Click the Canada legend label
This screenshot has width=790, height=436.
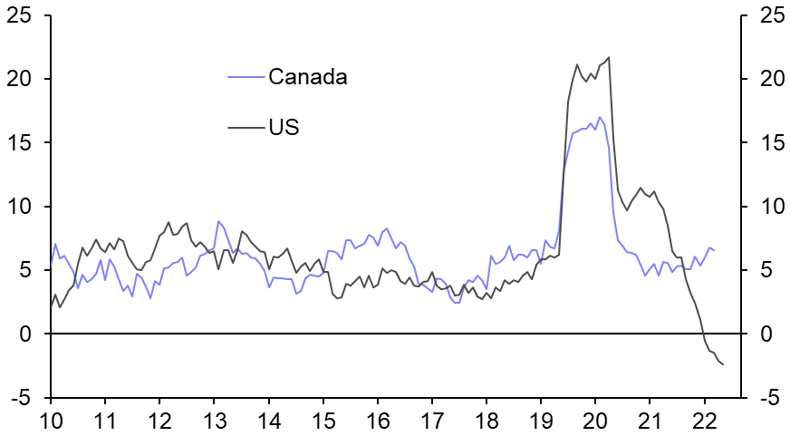coord(307,77)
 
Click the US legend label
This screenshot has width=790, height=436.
coord(284,128)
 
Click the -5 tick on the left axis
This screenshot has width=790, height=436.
coord(20,398)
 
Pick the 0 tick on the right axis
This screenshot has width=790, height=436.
coord(766,334)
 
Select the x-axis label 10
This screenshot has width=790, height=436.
coord(50,421)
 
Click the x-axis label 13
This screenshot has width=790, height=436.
coord(214,421)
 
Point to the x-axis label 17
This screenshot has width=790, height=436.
coord(432,421)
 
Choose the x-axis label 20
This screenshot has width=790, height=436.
coord(595,421)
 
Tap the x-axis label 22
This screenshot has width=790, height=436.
coord(704,421)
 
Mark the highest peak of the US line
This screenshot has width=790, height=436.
coord(608,57)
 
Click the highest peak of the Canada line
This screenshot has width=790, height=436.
coord(600,117)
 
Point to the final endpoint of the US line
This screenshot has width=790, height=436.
coord(723,365)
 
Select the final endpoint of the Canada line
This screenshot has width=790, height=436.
coord(714,250)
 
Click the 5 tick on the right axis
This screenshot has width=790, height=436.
coord(766,270)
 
